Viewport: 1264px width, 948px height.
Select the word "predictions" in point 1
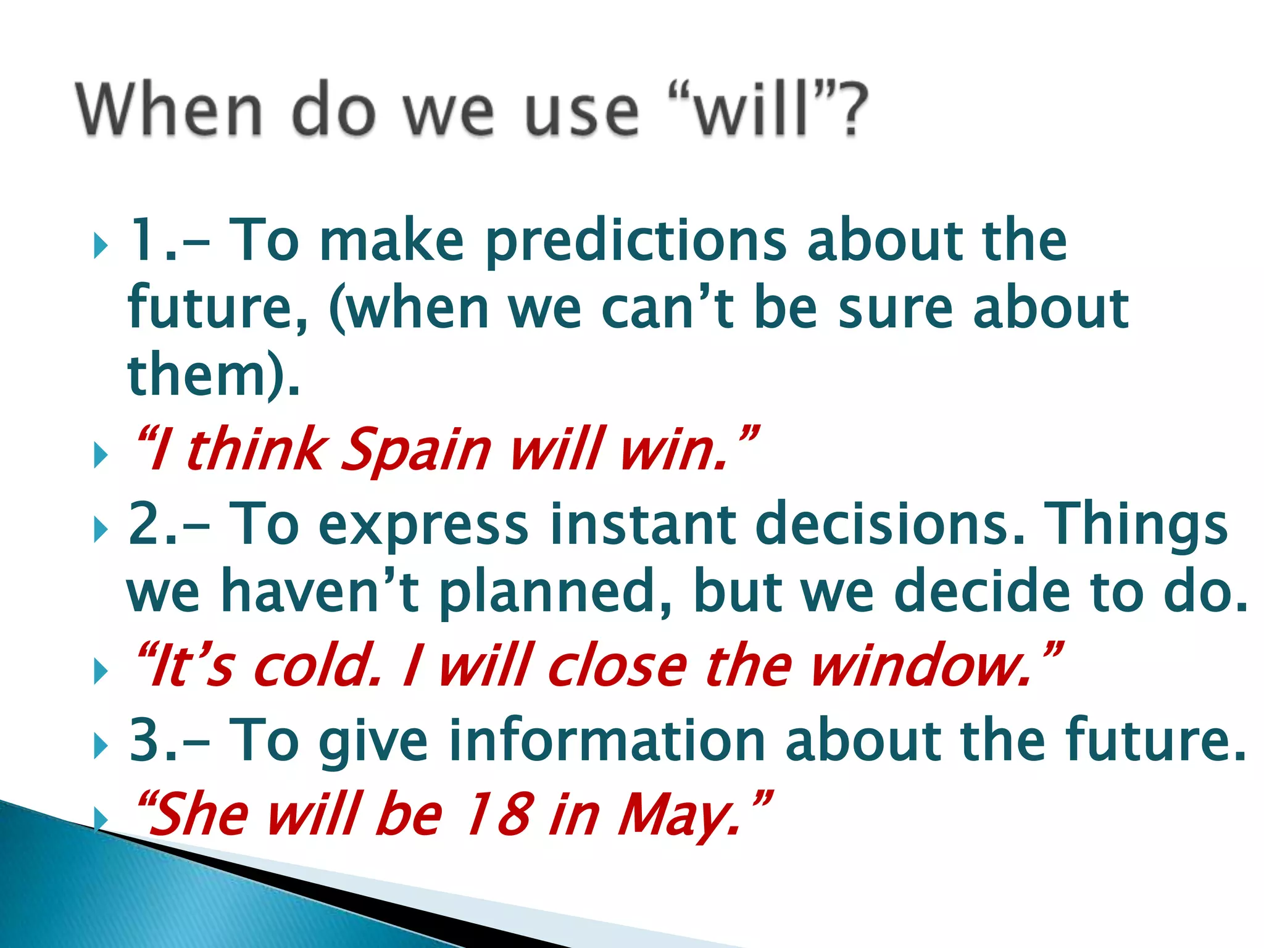(x=636, y=242)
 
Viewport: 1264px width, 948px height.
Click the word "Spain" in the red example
(x=415, y=449)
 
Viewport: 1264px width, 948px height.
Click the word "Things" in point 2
(x=1138, y=525)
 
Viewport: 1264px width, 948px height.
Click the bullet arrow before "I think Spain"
(x=101, y=456)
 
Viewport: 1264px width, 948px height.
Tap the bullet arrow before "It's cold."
(x=101, y=672)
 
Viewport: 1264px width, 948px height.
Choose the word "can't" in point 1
(x=667, y=309)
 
